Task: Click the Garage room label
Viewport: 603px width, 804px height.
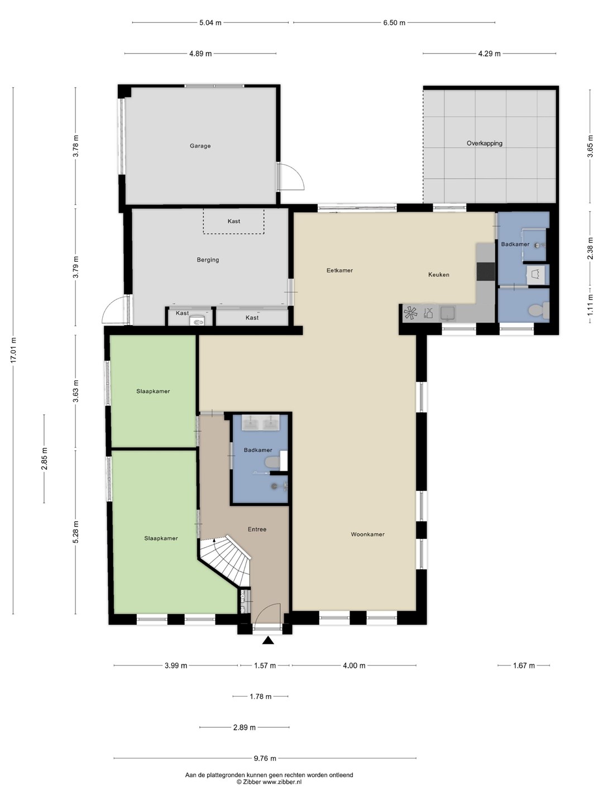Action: (200, 146)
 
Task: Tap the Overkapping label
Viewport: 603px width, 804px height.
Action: (485, 143)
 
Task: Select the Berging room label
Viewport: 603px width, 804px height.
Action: (208, 260)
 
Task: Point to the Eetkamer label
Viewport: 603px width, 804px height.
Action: (340, 270)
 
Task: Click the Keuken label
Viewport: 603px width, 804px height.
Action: (439, 274)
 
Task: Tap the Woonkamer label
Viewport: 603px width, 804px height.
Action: (367, 534)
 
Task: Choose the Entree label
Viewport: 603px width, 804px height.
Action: (257, 529)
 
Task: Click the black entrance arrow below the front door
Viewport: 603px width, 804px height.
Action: (269, 640)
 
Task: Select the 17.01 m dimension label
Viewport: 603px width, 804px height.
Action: (13, 350)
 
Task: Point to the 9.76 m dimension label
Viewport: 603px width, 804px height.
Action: (265, 758)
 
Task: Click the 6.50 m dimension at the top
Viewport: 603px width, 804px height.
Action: (394, 23)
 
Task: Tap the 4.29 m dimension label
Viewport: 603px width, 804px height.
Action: (490, 54)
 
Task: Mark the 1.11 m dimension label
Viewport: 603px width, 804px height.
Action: (590, 305)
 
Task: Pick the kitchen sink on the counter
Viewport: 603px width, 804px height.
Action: (447, 314)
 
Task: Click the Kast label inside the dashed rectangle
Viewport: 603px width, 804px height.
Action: (234, 221)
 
